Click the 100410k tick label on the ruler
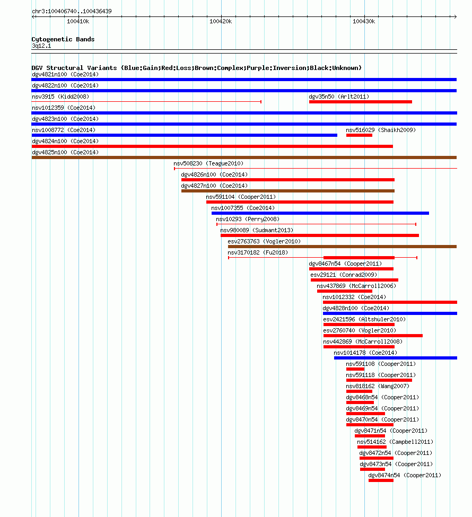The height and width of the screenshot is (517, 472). [x=78, y=21]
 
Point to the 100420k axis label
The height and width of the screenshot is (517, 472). [x=221, y=21]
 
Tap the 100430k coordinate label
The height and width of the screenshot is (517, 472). [x=364, y=21]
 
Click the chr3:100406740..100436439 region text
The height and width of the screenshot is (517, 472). [x=72, y=11]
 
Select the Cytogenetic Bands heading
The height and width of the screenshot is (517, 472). [x=63, y=39]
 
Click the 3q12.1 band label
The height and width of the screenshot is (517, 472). [x=41, y=46]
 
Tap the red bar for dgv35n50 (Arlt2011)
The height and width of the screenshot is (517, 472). [x=361, y=102]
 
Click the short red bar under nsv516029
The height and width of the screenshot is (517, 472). [x=359, y=135]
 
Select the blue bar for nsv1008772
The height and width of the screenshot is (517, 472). [x=185, y=135]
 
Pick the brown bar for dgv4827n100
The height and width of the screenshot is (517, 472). [x=288, y=191]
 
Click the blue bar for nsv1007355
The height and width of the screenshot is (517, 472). [x=320, y=213]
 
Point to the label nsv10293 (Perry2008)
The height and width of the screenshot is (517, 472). [x=248, y=220]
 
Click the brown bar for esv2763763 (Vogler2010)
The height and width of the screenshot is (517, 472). [x=343, y=247]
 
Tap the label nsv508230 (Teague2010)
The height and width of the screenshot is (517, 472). [x=208, y=163]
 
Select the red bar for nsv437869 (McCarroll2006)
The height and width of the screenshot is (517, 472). [x=345, y=291]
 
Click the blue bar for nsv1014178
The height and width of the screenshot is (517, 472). [x=396, y=358]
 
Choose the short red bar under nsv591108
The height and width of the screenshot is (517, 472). [x=355, y=369]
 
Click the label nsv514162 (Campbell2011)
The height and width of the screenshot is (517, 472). [x=395, y=442]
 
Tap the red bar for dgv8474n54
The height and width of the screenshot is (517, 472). [x=381, y=481]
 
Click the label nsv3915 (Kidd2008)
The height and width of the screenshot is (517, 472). [x=60, y=97]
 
